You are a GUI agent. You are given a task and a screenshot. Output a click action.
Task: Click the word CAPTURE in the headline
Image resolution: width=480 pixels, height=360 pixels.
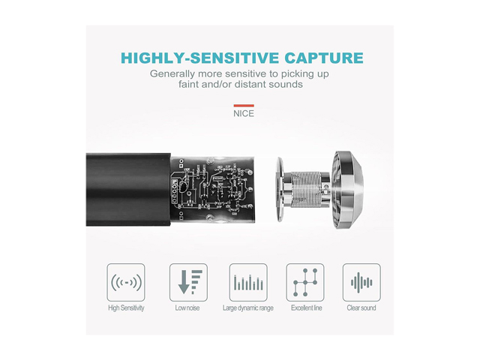pyautogui.click(x=324, y=58)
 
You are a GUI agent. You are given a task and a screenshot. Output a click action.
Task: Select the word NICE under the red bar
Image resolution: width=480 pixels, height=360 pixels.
pyautogui.click(x=244, y=113)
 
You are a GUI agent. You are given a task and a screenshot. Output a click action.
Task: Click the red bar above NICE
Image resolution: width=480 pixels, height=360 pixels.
pyautogui.click(x=244, y=106)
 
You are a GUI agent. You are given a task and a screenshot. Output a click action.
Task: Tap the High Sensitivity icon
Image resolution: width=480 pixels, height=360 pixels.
pyautogui.click(x=126, y=282)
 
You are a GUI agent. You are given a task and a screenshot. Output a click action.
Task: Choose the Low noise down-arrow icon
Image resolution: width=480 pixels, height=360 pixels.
pyautogui.click(x=188, y=282)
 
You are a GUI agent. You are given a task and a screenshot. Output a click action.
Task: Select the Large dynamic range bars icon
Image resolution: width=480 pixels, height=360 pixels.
pyautogui.click(x=248, y=282)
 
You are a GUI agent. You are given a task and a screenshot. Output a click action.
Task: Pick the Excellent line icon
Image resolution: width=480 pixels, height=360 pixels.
pyautogui.click(x=305, y=282)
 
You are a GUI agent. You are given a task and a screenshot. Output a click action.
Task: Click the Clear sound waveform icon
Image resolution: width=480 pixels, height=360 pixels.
pyautogui.click(x=361, y=282)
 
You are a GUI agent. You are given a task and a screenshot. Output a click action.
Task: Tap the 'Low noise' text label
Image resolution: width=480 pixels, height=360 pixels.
pyautogui.click(x=187, y=307)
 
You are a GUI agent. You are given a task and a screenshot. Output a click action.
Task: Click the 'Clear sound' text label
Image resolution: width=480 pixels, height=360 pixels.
pyautogui.click(x=361, y=307)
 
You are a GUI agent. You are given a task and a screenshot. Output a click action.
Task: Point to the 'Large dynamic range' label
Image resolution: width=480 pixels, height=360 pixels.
pyautogui.click(x=248, y=308)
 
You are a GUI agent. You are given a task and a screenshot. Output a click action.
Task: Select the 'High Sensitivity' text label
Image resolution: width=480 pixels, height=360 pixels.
pyautogui.click(x=126, y=308)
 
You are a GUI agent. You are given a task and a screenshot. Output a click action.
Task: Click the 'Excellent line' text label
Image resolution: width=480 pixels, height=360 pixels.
pyautogui.click(x=307, y=307)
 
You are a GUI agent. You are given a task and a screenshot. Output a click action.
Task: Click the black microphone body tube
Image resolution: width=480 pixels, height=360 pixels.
pyautogui.click(x=128, y=190)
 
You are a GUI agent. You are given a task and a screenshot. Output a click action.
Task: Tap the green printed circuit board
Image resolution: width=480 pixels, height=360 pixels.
pyautogui.click(x=212, y=188)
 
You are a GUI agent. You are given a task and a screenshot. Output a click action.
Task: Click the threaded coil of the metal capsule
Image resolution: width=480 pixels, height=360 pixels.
pyautogui.click(x=305, y=189)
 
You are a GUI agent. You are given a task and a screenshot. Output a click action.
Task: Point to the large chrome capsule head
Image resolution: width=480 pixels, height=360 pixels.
pyautogui.click(x=348, y=190)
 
